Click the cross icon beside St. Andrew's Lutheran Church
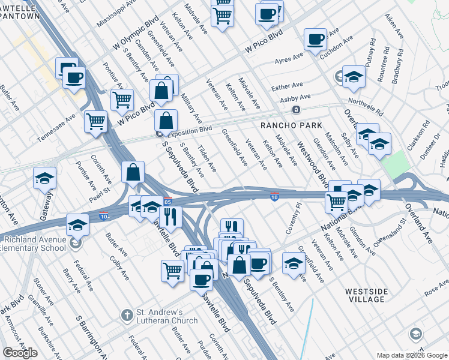click(x=126, y=315)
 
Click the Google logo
click(x=20, y=353)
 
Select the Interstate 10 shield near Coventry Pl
click(x=274, y=197)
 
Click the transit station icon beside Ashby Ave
click(x=296, y=110)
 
